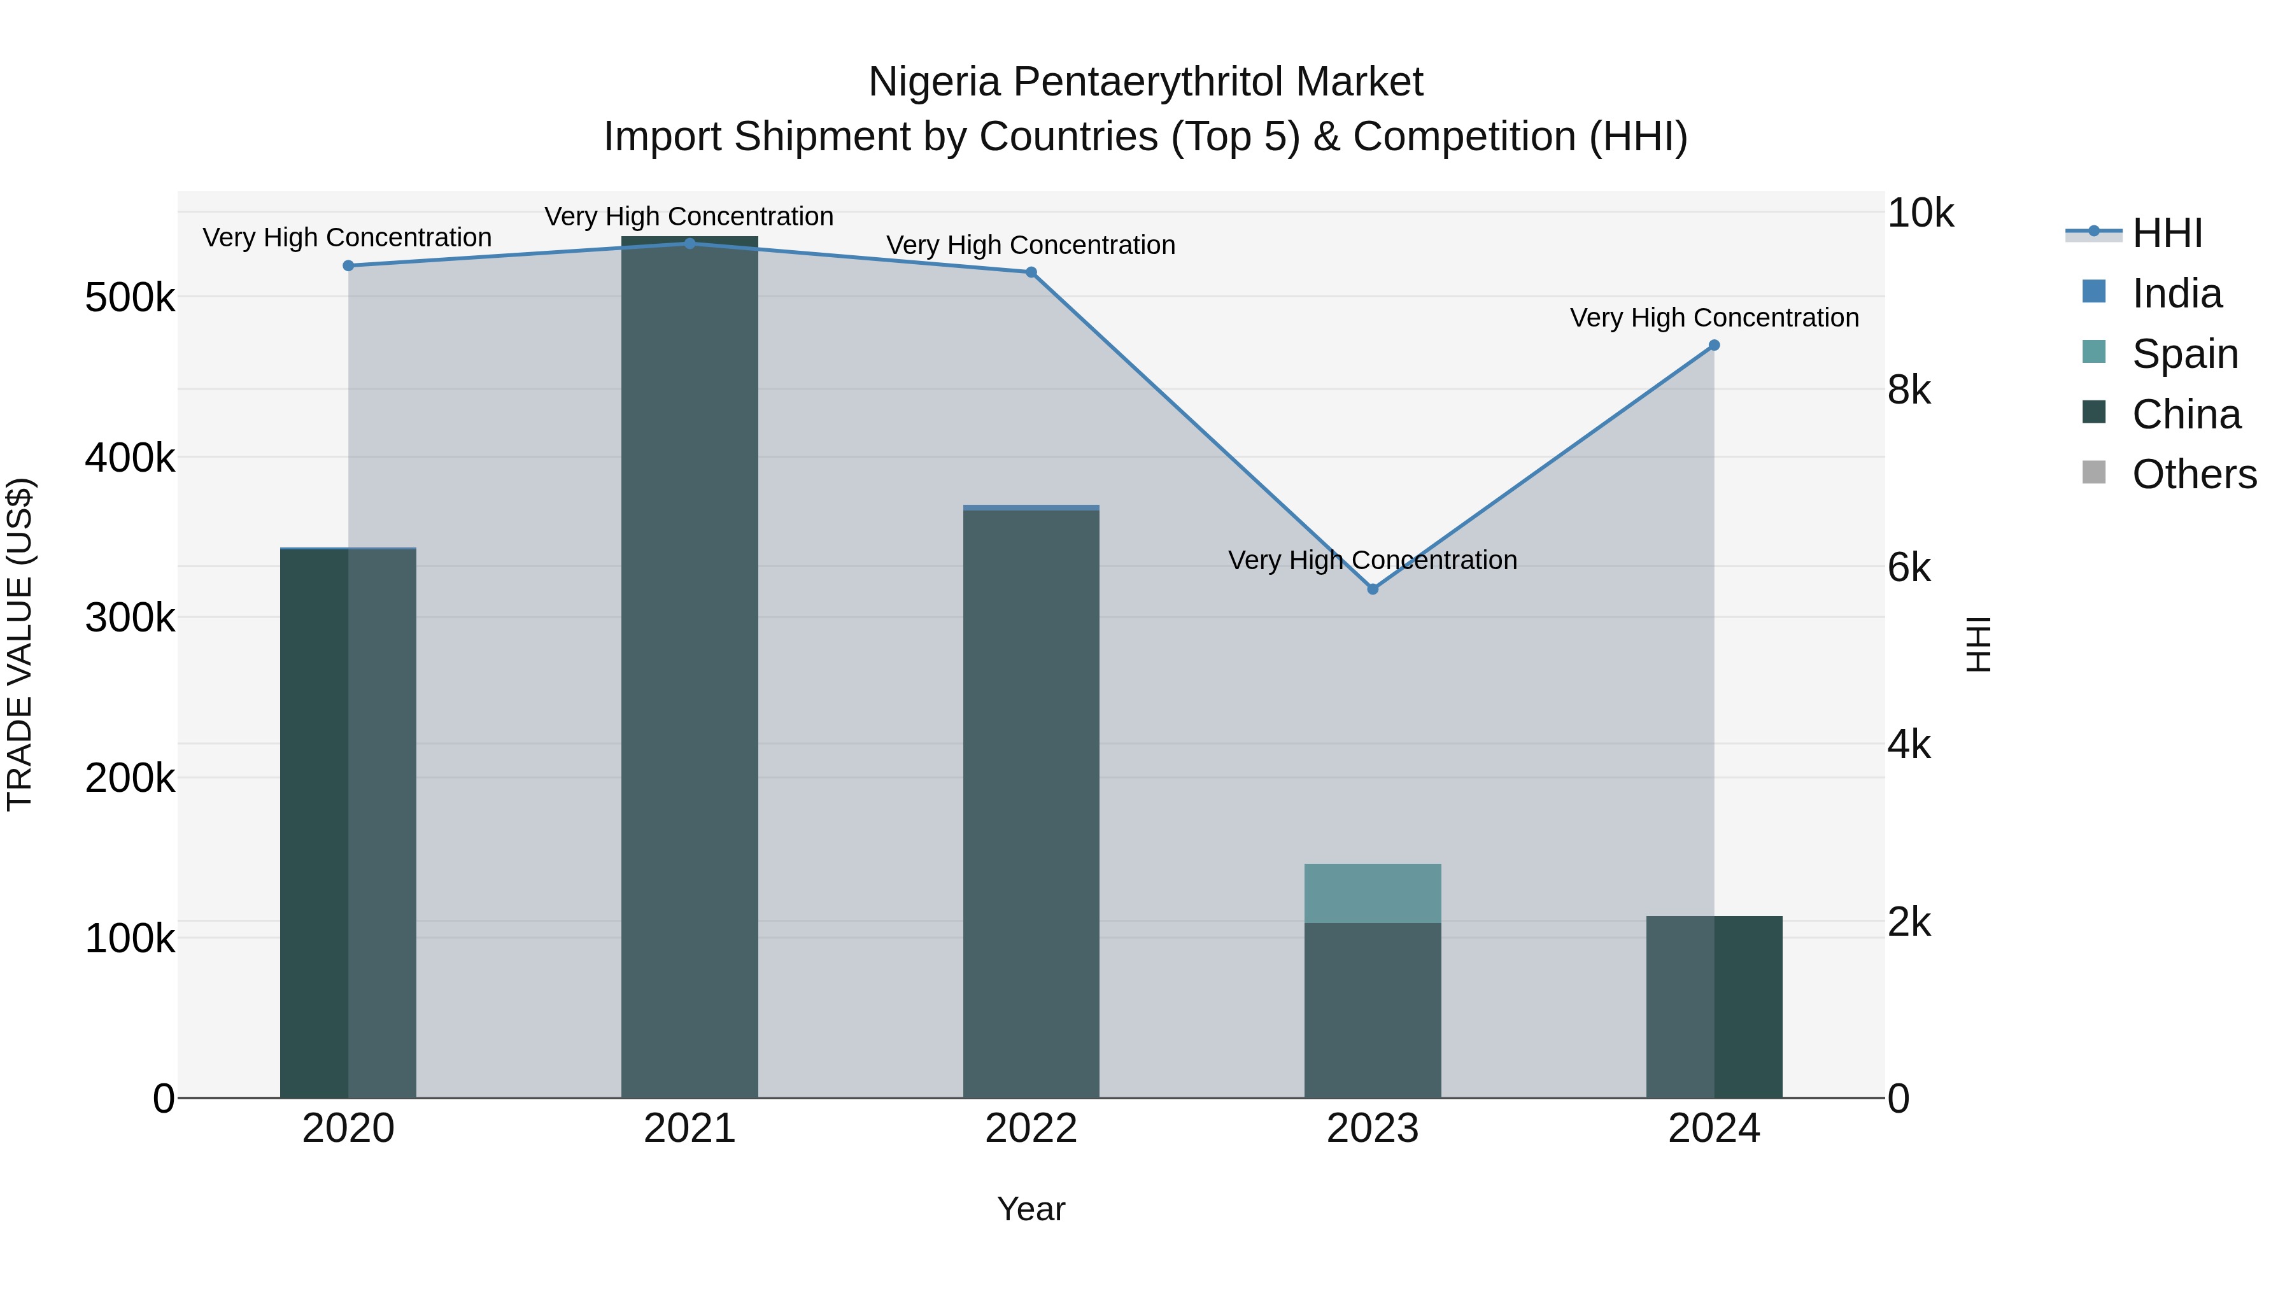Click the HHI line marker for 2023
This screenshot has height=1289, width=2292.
pyautogui.click(x=1372, y=589)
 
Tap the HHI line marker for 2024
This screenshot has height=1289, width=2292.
pyautogui.click(x=1714, y=345)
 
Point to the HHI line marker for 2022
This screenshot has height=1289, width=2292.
pyautogui.click(x=1031, y=272)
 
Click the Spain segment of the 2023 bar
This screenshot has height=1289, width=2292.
pyautogui.click(x=1372, y=893)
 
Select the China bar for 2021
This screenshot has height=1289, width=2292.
pyautogui.click(x=690, y=667)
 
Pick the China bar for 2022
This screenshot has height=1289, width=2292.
pyautogui.click(x=1031, y=801)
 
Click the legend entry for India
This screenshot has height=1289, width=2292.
pyautogui.click(x=2176, y=293)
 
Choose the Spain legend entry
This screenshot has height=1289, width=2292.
pyautogui.click(x=2184, y=354)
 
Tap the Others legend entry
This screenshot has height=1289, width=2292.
pyautogui.click(x=2193, y=474)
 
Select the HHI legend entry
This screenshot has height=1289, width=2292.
pyautogui.click(x=2167, y=233)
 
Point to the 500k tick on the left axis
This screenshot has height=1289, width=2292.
pyautogui.click(x=130, y=298)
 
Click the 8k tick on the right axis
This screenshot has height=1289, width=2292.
pyautogui.click(x=1909, y=391)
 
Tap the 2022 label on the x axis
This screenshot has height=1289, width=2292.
pyautogui.click(x=1031, y=1129)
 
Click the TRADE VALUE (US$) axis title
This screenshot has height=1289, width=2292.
pyautogui.click(x=20, y=644)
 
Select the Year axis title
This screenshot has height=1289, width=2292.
pyautogui.click(x=1031, y=1209)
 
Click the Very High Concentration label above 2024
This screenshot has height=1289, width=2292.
pyautogui.click(x=1714, y=318)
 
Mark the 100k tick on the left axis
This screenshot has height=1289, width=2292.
pyautogui.click(x=130, y=938)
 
